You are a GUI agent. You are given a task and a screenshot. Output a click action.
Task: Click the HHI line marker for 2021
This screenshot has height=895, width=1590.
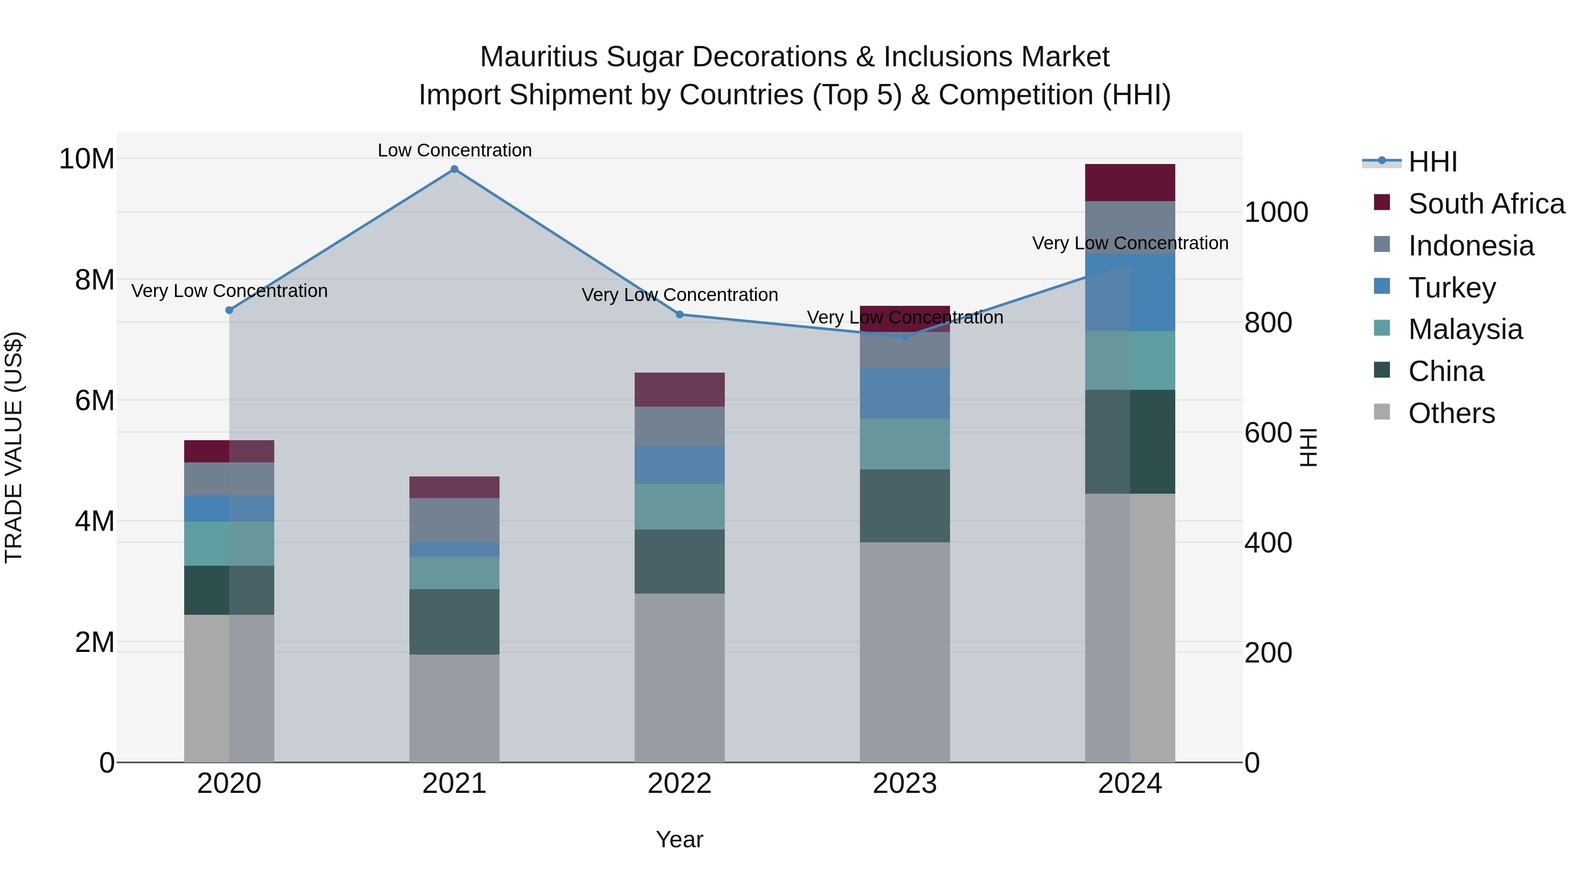(454, 169)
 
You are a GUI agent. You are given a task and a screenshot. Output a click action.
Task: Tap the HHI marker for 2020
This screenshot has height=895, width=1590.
(229, 310)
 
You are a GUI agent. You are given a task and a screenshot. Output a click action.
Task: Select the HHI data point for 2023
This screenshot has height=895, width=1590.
(905, 337)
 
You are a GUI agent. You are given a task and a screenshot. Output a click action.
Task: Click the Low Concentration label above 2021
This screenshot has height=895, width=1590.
(454, 150)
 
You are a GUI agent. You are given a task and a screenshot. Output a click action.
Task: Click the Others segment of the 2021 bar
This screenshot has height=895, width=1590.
(454, 708)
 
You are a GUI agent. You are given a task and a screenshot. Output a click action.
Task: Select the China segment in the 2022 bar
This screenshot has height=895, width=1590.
(680, 561)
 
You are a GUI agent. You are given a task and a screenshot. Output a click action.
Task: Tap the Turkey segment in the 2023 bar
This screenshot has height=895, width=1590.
(905, 393)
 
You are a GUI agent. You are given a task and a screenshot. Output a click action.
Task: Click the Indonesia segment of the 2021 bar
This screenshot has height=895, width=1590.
(454, 520)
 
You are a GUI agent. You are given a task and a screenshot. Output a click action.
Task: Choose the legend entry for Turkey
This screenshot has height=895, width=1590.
(1451, 287)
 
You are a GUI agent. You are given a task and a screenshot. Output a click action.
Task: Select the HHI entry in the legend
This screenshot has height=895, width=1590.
(1431, 162)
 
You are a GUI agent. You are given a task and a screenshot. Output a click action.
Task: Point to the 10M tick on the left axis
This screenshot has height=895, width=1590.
(87, 159)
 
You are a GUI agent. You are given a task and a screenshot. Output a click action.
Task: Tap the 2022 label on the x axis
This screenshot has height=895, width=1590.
(680, 783)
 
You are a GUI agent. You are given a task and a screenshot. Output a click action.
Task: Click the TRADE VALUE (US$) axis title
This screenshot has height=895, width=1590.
(14, 447)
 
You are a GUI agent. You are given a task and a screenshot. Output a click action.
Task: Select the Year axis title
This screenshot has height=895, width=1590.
(680, 839)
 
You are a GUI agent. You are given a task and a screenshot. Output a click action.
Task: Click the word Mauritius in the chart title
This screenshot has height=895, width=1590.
(538, 57)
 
